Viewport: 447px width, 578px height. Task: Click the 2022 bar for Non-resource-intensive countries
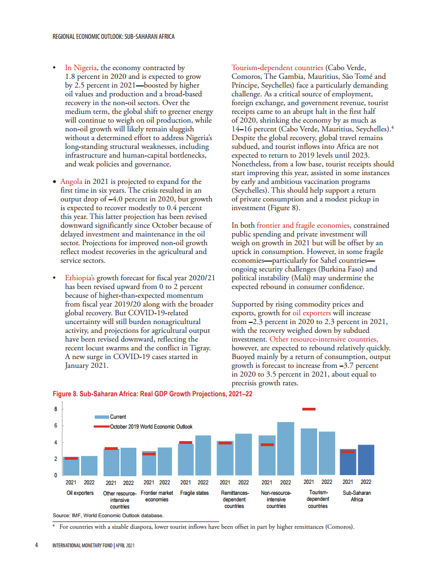[x=285, y=448]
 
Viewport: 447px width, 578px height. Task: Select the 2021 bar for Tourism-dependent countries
[x=309, y=452]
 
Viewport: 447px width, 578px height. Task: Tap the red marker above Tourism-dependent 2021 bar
[x=309, y=409]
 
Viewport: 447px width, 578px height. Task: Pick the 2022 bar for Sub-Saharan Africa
[x=366, y=460]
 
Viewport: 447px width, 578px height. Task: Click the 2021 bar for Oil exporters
[x=71, y=466]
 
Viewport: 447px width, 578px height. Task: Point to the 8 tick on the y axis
[x=55, y=409]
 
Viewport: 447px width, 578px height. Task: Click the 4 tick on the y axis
[x=55, y=442]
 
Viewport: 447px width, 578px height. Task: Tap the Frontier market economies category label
[x=157, y=496]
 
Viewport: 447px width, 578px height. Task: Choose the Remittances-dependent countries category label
[x=234, y=499]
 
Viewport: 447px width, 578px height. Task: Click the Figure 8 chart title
[x=152, y=394]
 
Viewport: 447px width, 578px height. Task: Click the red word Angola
[x=71, y=181]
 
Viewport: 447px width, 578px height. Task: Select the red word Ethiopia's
[x=80, y=278]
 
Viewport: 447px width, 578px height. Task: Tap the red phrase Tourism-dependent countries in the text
[x=277, y=68]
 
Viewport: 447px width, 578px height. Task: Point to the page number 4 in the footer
[x=36, y=546]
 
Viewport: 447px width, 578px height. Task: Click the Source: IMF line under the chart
[x=108, y=516]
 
